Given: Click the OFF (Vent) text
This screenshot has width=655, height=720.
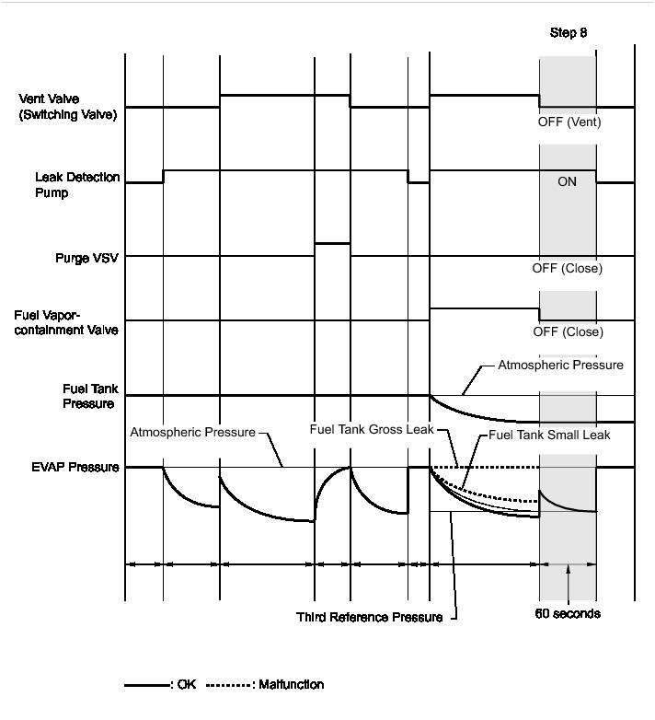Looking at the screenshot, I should coord(569,122).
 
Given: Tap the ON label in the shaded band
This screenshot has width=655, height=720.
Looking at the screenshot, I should coord(568,182).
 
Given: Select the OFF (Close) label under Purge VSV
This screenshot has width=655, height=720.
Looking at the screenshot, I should coord(568,270).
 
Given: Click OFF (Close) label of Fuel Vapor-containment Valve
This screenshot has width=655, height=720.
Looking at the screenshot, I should coord(568,332).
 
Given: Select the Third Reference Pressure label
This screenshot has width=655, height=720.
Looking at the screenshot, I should coord(369,617).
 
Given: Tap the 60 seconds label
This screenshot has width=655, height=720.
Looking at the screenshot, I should coord(569,614).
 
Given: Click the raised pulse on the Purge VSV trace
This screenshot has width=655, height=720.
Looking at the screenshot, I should coord(332,243).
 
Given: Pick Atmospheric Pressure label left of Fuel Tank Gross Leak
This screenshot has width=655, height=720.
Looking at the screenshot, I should coord(193,430).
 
